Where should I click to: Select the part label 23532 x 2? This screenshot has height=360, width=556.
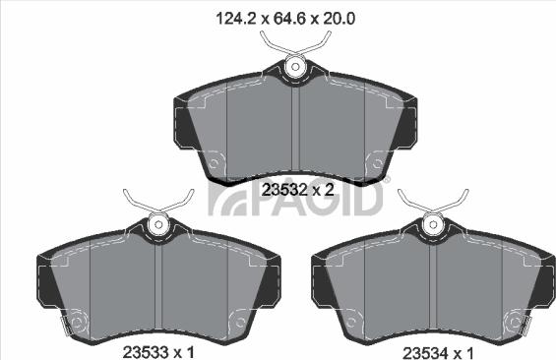(299, 189)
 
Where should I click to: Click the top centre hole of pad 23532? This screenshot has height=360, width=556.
(294, 67)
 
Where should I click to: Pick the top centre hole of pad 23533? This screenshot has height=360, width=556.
(156, 225)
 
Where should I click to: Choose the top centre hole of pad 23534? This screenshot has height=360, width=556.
(431, 225)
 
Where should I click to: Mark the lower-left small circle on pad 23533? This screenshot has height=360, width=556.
(78, 320)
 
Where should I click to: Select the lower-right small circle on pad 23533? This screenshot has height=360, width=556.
(236, 320)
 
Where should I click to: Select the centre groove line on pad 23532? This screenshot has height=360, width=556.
(294, 128)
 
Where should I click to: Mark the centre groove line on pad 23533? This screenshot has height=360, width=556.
(156, 285)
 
